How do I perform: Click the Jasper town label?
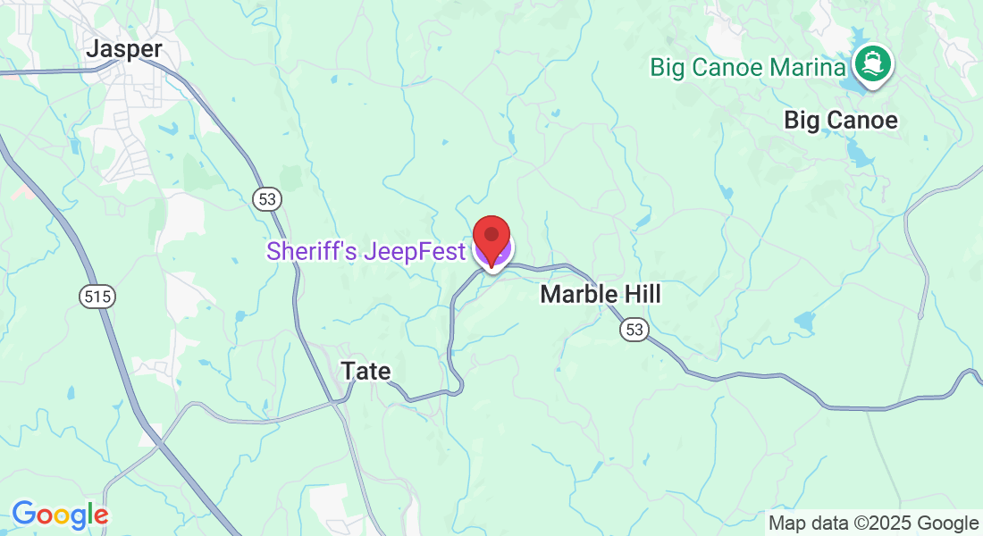(x=124, y=49)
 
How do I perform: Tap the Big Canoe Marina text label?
(x=748, y=67)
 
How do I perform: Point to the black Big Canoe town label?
(x=840, y=120)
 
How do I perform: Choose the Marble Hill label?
(x=601, y=294)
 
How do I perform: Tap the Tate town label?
(x=366, y=371)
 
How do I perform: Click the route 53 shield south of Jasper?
(x=266, y=198)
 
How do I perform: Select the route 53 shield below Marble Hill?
(x=634, y=331)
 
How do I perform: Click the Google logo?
(x=60, y=515)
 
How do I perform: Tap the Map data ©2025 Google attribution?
(x=874, y=523)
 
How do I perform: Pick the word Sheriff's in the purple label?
(x=311, y=252)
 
